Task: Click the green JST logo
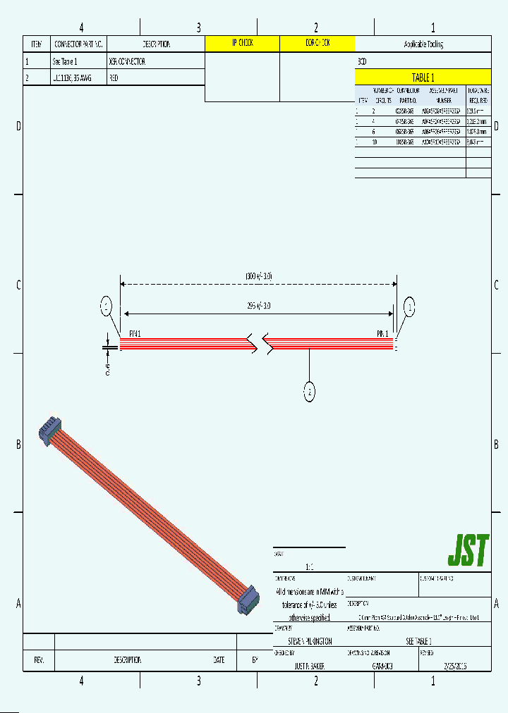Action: [468, 551]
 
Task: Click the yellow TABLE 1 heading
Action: [423, 77]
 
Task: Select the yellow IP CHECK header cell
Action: [242, 44]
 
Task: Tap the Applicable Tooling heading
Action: [423, 44]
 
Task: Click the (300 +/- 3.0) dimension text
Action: [258, 275]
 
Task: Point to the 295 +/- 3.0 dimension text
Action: [258, 306]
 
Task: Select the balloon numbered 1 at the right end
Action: [409, 306]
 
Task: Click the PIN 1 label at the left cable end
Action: [135, 332]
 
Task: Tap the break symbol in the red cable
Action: [258, 343]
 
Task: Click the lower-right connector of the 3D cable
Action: [248, 600]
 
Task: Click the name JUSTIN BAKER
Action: [309, 665]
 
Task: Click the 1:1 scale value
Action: [309, 566]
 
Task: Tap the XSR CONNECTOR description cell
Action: [127, 61]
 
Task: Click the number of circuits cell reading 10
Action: [374, 142]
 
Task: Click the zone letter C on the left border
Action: [17, 285]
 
